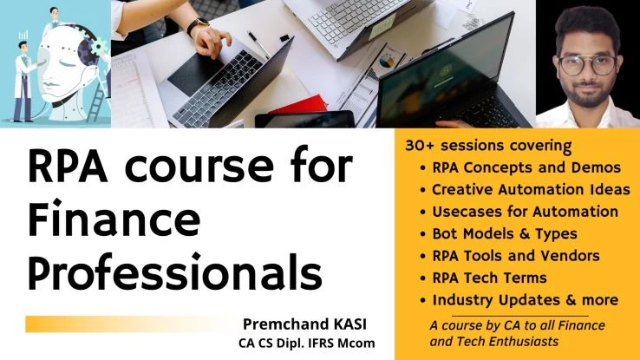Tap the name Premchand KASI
click(304, 324)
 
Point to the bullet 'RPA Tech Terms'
click(489, 278)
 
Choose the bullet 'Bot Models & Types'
click(505, 234)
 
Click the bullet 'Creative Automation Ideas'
click(531, 190)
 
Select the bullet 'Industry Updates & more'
click(526, 300)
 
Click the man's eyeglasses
click(587, 65)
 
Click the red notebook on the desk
click(299, 106)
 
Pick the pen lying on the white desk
click(258, 44)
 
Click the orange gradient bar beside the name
click(131, 324)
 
